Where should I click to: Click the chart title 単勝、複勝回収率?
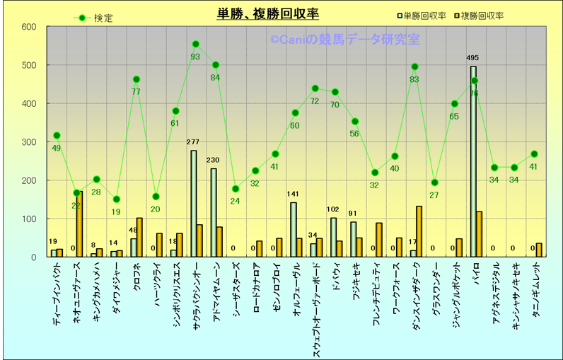point(267,14)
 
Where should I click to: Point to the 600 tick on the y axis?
point(29,27)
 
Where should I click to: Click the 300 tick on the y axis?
point(29,142)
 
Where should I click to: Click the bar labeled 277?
point(194,204)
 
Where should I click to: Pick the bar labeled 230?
point(214,212)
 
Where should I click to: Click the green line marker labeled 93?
point(196,44)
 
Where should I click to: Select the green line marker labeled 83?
point(414,67)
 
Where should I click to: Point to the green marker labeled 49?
point(57,135)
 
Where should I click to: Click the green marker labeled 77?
point(136,79)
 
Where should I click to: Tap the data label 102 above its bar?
point(333,210)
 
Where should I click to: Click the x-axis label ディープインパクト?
point(57,297)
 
